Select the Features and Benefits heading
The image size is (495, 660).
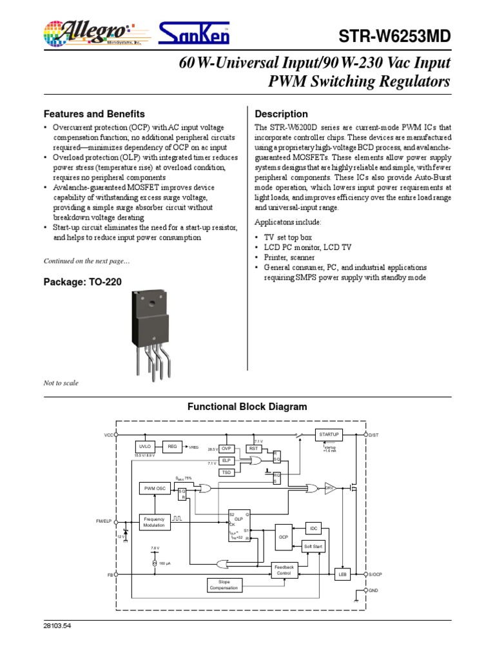pyautogui.click(x=93, y=113)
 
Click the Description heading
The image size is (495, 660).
pyautogui.click(x=282, y=114)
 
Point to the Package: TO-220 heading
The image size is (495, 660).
pyautogui.click(x=82, y=282)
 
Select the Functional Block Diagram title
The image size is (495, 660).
pyautogui.click(x=247, y=407)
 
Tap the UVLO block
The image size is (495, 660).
pyautogui.click(x=145, y=447)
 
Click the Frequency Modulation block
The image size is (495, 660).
pyautogui.click(x=155, y=522)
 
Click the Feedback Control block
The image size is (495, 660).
pyautogui.click(x=284, y=570)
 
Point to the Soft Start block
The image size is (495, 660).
pyautogui.click(x=313, y=547)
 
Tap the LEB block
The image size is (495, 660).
pyautogui.click(x=343, y=574)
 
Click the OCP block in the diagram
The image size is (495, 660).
pyautogui.click(x=284, y=536)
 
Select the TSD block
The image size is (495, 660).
pyautogui.click(x=226, y=472)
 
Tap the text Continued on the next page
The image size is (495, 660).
pyautogui.click(x=86, y=260)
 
